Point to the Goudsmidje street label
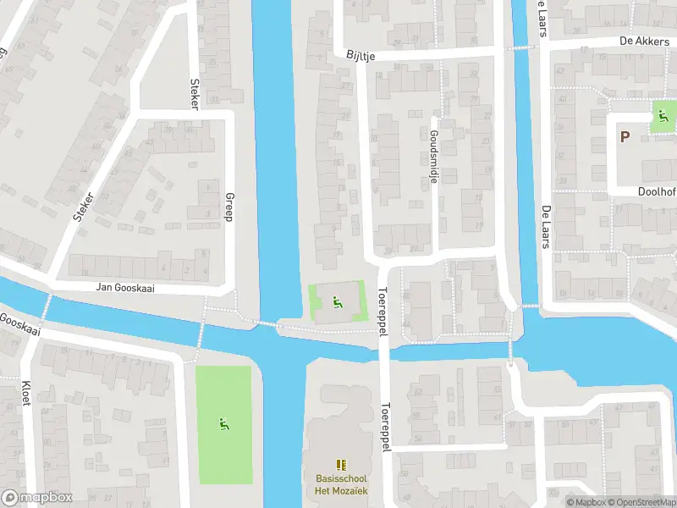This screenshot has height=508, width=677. coord(433,157)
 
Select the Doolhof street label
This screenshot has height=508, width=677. coord(657,192)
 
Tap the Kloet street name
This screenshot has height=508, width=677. coord(25,392)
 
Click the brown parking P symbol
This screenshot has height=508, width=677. coord(625,137)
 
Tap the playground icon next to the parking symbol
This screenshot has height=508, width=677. coord(661,116)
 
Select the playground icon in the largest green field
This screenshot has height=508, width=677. coord(224,423)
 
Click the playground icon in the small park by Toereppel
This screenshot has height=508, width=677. coord(337,301)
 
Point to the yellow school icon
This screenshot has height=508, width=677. coord(341,465)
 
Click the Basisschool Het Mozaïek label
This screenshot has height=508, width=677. coord(341,484)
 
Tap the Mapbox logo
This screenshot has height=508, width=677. coord(36,498)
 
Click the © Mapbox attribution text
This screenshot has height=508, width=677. coord(586,502)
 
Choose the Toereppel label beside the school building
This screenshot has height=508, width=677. coord(386,426)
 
